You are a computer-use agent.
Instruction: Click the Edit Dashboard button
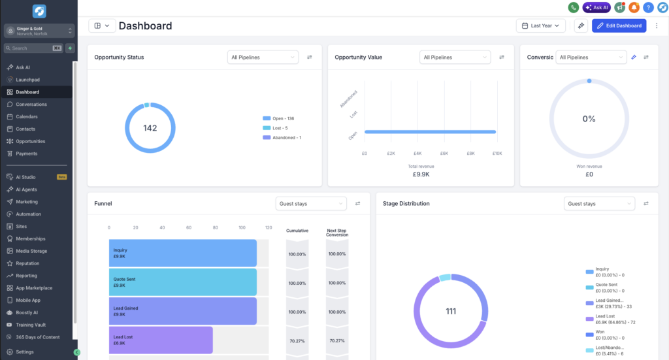(x=619, y=25)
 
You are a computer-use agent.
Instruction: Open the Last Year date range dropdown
(x=540, y=25)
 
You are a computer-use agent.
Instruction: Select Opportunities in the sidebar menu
(x=30, y=141)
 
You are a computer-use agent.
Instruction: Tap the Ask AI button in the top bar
(x=596, y=7)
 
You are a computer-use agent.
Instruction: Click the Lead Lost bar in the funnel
(x=161, y=340)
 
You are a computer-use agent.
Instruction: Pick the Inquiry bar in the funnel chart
(x=183, y=253)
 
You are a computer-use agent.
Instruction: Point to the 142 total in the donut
(x=150, y=128)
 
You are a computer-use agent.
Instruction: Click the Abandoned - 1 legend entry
(x=282, y=137)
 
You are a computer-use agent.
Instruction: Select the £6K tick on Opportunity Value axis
(x=444, y=154)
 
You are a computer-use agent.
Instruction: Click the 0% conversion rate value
(x=589, y=119)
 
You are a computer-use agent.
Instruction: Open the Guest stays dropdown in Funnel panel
(x=311, y=203)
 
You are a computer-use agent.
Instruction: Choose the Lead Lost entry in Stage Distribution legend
(x=610, y=319)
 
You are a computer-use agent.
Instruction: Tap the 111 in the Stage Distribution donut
(x=451, y=312)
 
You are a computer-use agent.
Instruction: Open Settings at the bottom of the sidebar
(x=25, y=352)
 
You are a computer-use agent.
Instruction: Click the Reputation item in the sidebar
(x=27, y=263)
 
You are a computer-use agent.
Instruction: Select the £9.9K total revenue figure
(x=421, y=174)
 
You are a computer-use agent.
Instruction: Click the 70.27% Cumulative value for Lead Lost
(x=297, y=341)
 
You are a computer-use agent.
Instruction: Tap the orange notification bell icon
(x=634, y=7)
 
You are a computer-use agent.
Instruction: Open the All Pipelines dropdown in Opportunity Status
(x=263, y=57)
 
